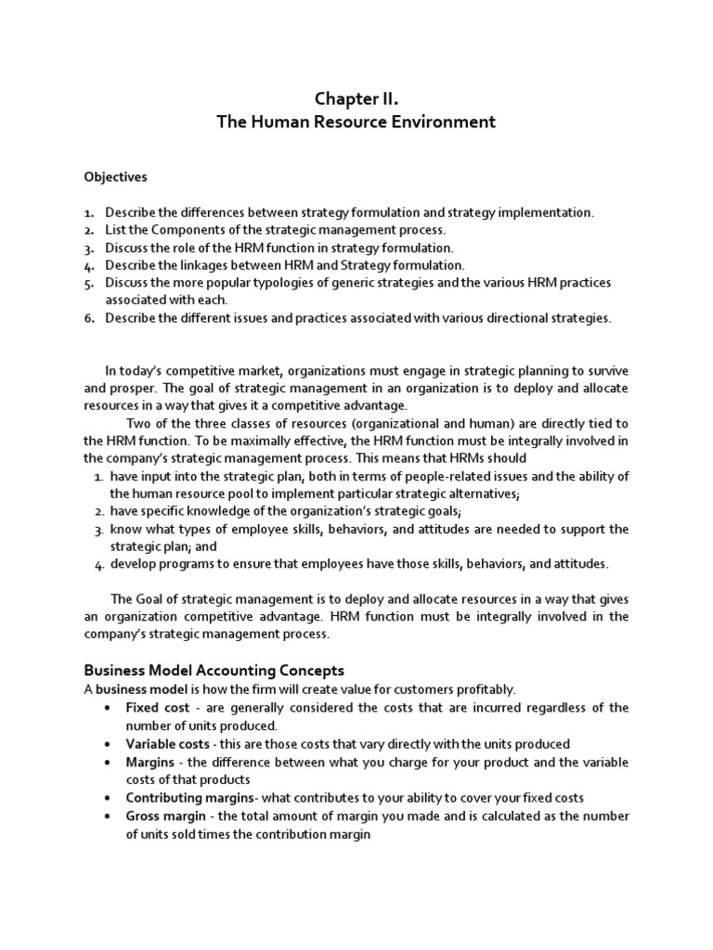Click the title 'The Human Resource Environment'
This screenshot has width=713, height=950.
point(356,122)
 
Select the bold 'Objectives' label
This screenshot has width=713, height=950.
point(115,176)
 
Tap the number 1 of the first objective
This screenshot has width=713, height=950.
point(89,212)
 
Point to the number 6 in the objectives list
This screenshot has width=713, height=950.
point(89,318)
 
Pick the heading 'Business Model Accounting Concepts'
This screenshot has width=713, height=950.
point(214,670)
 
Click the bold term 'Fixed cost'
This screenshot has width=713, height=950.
point(157,708)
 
